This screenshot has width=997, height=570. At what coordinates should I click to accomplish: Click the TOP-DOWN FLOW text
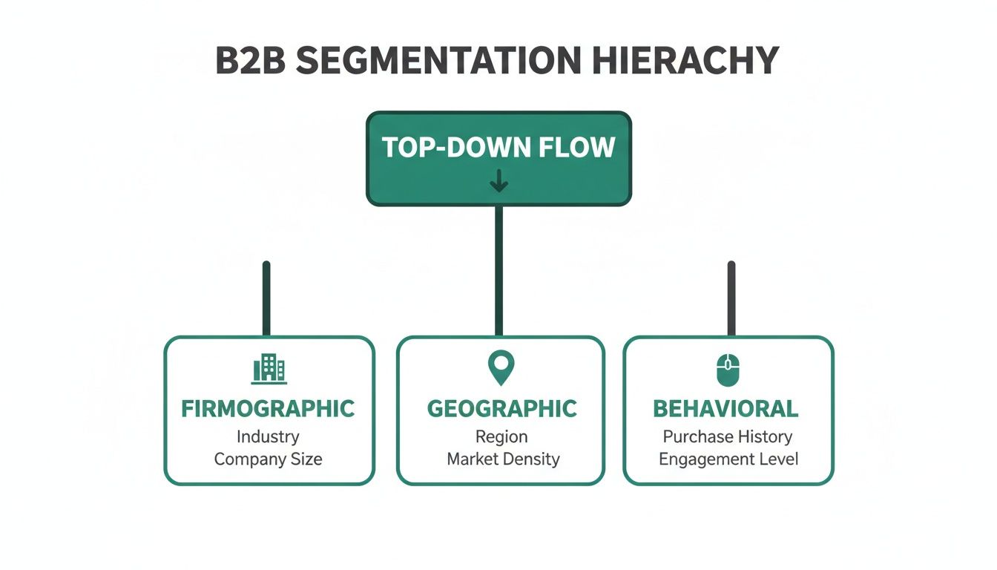point(498,148)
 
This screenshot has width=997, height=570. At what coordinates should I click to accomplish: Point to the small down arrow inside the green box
point(498,180)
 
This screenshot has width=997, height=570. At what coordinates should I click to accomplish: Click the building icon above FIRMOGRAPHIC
point(269,368)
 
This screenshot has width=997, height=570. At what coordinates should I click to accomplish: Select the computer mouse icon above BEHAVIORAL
point(728,370)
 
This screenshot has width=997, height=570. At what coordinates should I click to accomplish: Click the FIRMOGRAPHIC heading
point(269,408)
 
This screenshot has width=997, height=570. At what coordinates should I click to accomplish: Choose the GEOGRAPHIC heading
point(501,408)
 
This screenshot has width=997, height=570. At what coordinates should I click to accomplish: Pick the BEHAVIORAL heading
point(725,408)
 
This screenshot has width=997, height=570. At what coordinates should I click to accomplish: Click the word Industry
point(268,436)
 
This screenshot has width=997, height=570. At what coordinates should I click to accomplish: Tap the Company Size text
point(268,459)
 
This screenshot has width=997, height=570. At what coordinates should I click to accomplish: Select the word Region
point(502,436)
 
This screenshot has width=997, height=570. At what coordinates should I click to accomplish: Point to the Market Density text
point(502,459)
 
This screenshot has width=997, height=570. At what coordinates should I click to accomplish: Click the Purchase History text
point(727,436)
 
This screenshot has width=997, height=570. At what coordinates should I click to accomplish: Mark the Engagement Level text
point(728,459)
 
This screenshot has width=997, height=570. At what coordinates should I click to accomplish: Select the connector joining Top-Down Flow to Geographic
point(498,271)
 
